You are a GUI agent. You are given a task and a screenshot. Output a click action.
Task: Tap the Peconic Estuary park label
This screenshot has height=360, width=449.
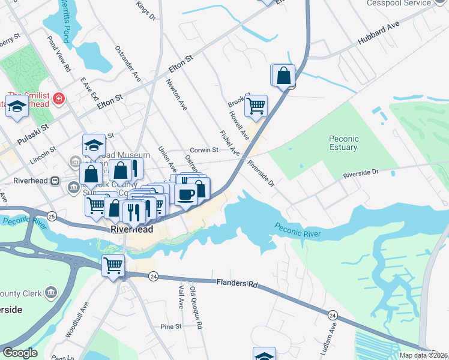(x=343, y=143)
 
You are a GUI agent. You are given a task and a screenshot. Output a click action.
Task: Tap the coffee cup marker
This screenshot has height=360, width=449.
(x=186, y=194)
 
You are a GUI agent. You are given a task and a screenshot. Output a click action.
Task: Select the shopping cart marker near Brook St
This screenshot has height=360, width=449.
(x=256, y=106)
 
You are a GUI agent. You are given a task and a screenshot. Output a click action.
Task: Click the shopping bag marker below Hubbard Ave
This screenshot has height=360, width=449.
(x=284, y=76)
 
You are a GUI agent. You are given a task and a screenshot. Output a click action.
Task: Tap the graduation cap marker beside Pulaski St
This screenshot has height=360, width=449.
(x=17, y=107)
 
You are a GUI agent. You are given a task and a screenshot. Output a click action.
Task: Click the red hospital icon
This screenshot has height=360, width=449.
(x=58, y=98)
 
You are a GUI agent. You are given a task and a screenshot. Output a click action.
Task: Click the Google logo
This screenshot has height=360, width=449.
(x=20, y=352)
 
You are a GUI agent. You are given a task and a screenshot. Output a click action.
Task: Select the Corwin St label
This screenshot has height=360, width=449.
(x=203, y=150)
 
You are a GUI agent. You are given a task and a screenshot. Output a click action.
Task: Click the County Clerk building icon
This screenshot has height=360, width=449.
(x=51, y=293)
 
